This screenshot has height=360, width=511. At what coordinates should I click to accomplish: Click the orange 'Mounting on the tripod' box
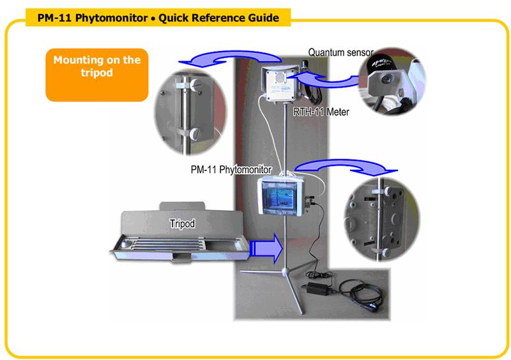[x=96, y=66]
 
